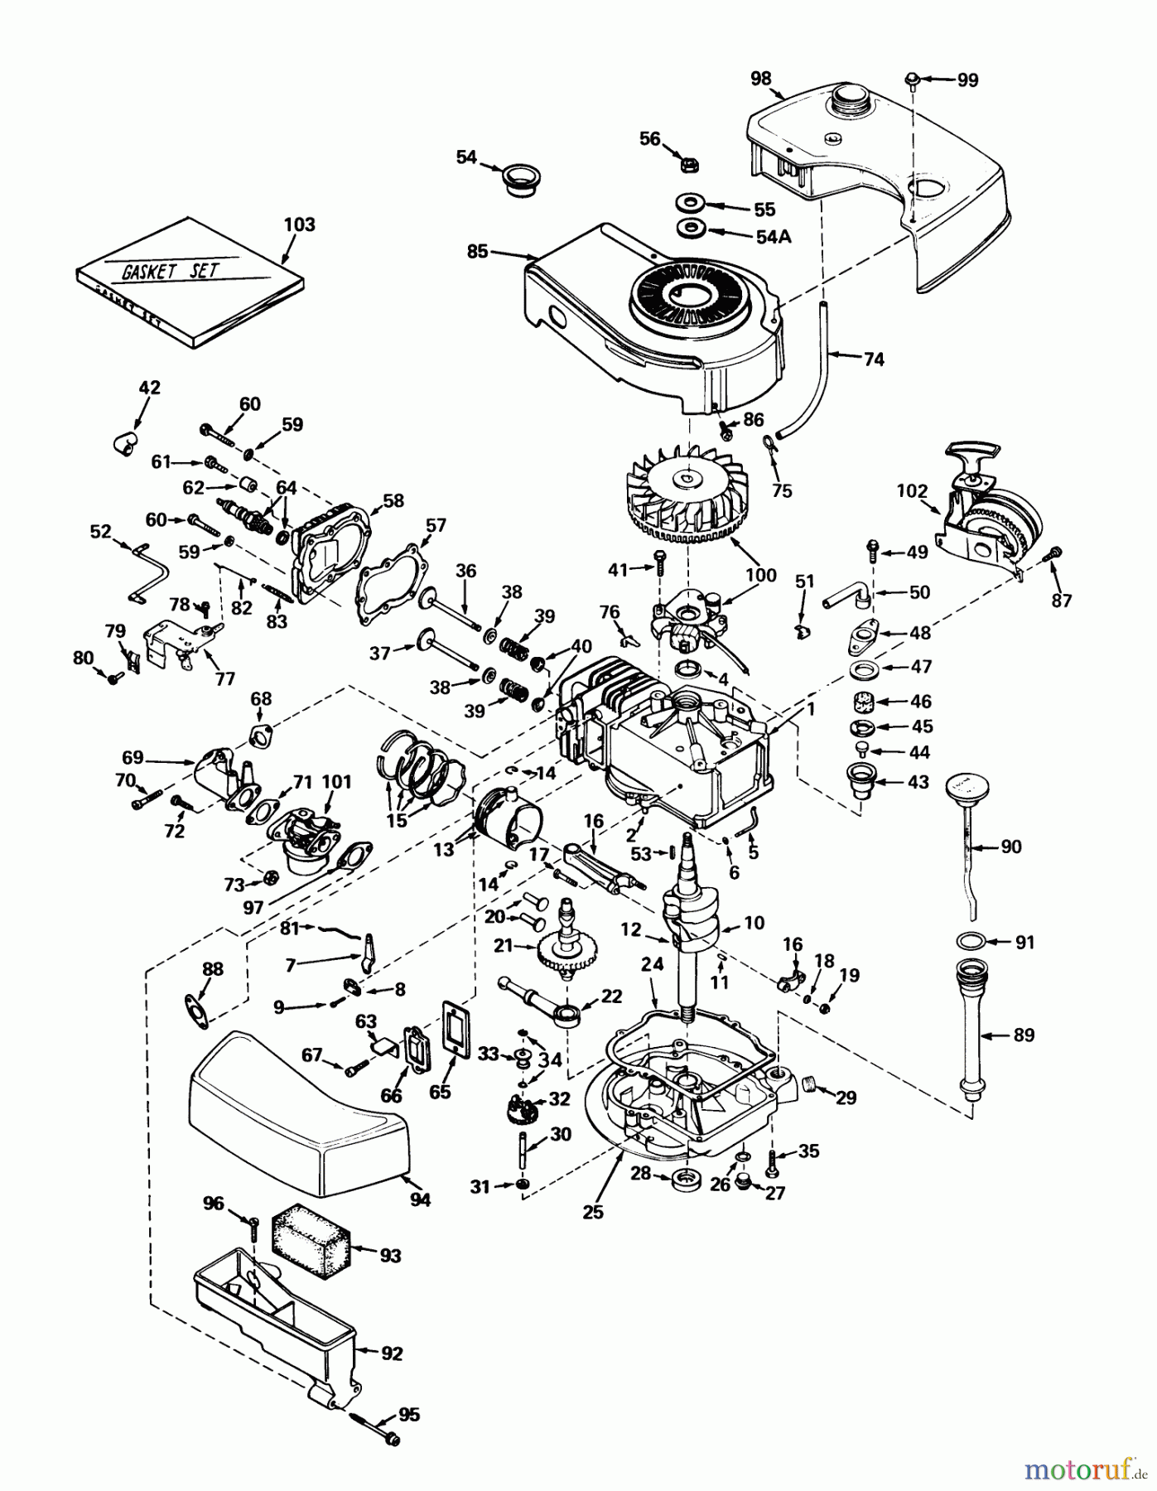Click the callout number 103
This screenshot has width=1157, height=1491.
tap(300, 224)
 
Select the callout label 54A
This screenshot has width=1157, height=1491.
tap(774, 237)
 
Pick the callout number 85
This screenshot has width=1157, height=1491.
tap(477, 251)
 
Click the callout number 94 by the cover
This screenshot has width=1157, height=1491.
tap(421, 1199)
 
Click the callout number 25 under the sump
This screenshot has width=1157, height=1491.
tap(593, 1212)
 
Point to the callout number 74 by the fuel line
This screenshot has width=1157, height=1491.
tap(873, 359)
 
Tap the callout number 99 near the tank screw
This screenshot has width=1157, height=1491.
tap(967, 80)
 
